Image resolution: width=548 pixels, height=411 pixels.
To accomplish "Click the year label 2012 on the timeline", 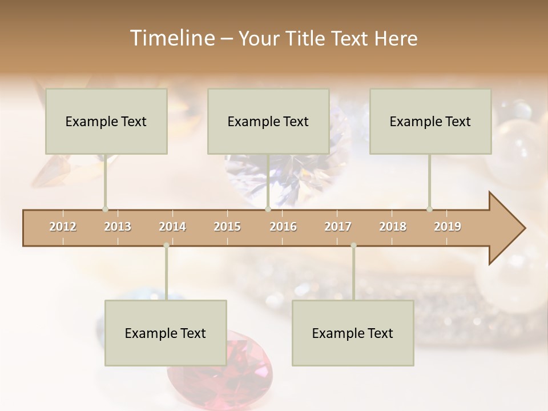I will (63, 227).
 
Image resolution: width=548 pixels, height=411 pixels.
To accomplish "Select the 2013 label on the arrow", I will (118, 227).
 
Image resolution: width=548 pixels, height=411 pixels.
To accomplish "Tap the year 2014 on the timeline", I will (172, 227).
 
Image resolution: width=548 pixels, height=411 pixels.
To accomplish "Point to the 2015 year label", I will (227, 227).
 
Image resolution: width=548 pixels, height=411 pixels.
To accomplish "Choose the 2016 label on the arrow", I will (283, 227).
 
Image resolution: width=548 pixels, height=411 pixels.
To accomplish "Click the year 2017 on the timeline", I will (338, 227).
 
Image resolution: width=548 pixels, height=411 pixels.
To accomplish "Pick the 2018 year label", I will (393, 227).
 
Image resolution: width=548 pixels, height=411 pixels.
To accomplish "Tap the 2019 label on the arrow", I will (448, 227).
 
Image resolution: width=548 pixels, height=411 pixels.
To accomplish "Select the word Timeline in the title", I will (171, 38).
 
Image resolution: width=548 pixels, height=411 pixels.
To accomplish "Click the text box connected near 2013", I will (106, 122).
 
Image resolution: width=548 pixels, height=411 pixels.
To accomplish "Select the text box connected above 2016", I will (268, 122).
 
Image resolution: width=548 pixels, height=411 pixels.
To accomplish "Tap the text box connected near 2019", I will (430, 122).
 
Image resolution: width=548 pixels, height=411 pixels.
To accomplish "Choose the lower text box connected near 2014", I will (166, 333).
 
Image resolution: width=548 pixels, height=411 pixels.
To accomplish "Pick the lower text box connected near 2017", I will (353, 333).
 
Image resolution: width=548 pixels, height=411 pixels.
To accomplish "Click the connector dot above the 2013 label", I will (105, 209).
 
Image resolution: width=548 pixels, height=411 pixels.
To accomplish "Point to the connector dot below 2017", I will (353, 245).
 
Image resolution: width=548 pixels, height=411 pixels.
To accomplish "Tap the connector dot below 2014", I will (166, 245).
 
